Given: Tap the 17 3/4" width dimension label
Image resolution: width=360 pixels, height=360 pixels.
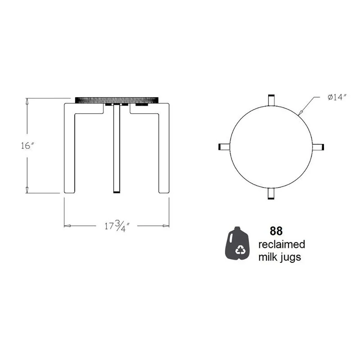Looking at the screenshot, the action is click(117, 226).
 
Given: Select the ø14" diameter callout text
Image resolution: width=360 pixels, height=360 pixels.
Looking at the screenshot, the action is click(337, 97).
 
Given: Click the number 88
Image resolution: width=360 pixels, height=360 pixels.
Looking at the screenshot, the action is click(276, 231).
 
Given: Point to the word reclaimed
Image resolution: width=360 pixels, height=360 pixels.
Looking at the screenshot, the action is click(282, 244).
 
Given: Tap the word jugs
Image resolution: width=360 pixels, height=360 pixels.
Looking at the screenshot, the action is click(291, 257).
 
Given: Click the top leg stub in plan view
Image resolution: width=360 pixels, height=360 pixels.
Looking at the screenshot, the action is click(271, 100).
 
